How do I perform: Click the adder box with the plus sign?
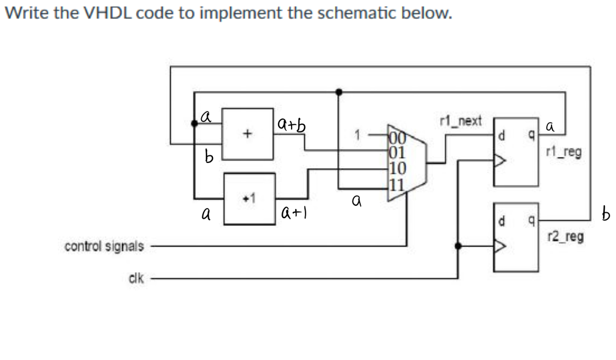[247, 134]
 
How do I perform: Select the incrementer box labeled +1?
[249, 198]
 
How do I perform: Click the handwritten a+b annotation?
[292, 125]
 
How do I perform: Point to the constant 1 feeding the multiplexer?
[356, 134]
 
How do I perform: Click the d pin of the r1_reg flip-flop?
[502, 138]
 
